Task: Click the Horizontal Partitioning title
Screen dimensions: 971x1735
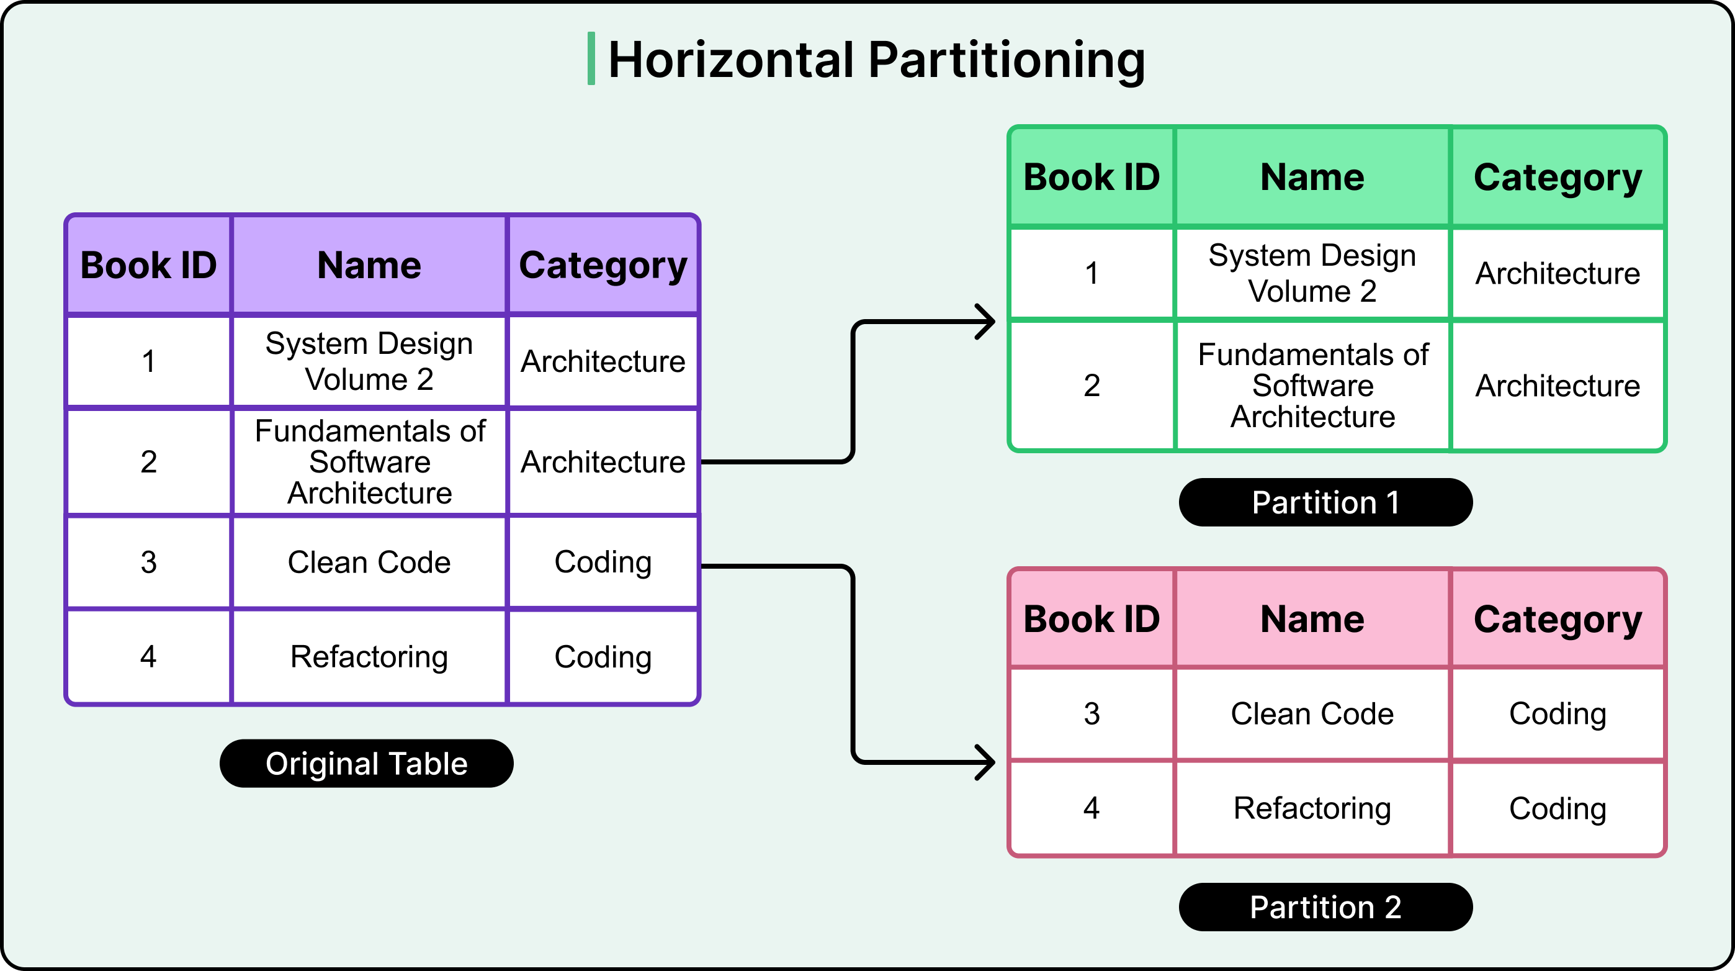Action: [x=876, y=60]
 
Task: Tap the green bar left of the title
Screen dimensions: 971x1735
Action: [x=591, y=58]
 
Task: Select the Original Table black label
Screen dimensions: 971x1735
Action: [x=366, y=764]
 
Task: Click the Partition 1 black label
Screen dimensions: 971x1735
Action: [x=1325, y=503]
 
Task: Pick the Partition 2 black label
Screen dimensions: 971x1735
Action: [x=1325, y=907]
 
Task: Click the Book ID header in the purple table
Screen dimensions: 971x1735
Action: [x=148, y=265]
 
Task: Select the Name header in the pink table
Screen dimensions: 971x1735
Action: [x=1311, y=618]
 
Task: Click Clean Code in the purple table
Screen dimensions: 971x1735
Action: [x=369, y=562]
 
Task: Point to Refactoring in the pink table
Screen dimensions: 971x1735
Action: [x=1311, y=808]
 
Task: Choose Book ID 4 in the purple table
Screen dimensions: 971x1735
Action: [x=148, y=656]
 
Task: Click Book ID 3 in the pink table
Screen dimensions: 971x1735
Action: [x=1091, y=713]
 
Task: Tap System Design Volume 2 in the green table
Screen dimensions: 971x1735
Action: [x=1311, y=273]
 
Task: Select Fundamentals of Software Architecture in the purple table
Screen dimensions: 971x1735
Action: [x=369, y=461]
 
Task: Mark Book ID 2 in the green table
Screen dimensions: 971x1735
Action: [x=1091, y=386]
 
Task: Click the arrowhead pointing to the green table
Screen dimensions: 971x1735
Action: [x=987, y=322]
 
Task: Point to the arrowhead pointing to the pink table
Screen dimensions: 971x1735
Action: [x=987, y=763]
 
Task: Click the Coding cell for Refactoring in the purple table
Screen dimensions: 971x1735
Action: [x=603, y=656]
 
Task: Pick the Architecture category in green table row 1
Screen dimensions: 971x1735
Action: [x=1557, y=273]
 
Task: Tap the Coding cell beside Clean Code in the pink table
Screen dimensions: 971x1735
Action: [x=1557, y=713]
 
